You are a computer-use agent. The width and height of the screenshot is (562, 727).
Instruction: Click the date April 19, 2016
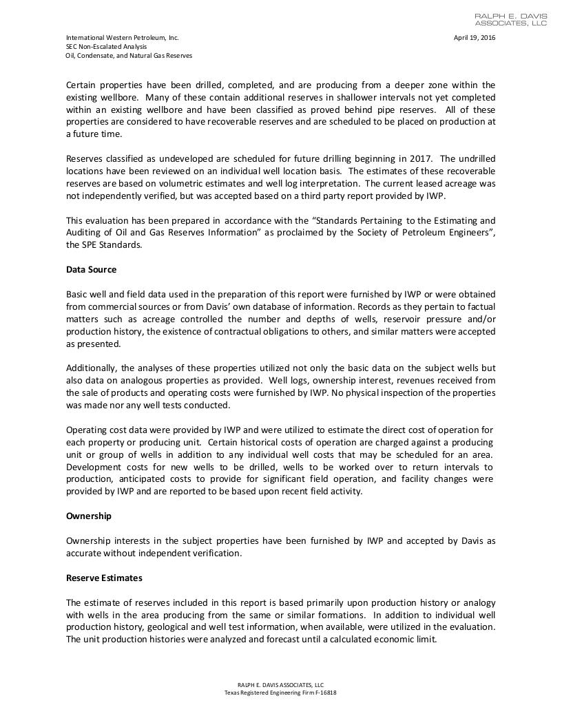[474, 37]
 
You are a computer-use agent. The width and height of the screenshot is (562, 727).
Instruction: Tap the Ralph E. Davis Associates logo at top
[511, 19]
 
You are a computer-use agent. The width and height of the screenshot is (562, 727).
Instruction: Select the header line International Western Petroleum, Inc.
[122, 37]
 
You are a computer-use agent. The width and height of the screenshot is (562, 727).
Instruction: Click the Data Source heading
[91, 269]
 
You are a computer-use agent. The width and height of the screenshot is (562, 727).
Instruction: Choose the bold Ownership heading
[88, 516]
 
